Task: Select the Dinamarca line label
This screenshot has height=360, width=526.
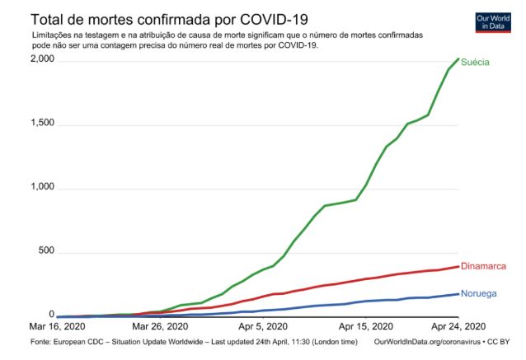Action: (483, 266)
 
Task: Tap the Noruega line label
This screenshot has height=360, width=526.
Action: (479, 293)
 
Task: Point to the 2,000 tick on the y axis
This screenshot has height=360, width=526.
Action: (42, 61)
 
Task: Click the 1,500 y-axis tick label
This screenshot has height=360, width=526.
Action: (42, 124)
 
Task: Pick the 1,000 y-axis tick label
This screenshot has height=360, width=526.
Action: (42, 188)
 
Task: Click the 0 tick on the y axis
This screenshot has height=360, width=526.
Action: (51, 315)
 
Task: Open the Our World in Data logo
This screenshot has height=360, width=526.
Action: (493, 21)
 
